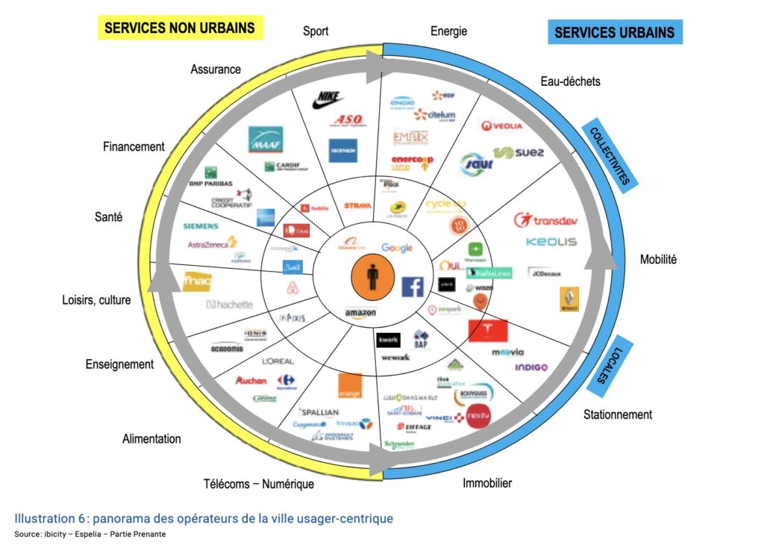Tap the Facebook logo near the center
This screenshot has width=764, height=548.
413,287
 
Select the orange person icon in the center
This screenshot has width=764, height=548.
372,278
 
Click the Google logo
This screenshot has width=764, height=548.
396,248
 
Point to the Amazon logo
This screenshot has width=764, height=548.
360,314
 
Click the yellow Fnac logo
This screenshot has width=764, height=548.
198,281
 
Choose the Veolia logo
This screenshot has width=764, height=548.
502,125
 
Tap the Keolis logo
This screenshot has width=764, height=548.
551,242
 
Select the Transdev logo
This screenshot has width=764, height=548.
545,220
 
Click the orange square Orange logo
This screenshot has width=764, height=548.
350,385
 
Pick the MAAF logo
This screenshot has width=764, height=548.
266,139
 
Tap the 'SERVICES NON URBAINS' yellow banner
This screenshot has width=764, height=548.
179,28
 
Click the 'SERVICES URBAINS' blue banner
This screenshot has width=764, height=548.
614,32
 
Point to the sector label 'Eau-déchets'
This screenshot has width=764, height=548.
570,81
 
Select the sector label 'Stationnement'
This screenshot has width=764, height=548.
618,414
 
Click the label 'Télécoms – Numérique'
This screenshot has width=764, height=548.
259,484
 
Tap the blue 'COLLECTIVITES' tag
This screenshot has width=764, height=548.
610,155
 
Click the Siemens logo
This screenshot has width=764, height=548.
201,225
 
